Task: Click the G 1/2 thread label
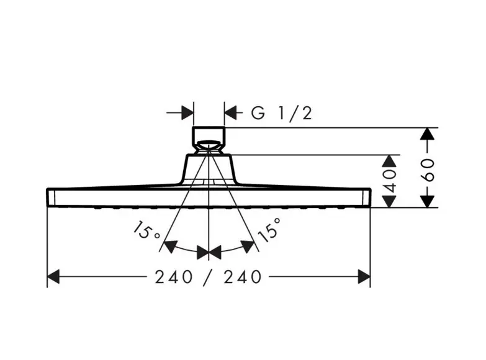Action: [x=281, y=113]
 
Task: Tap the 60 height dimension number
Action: [x=428, y=170]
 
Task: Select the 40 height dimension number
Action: [x=390, y=181]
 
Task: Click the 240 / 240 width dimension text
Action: [x=209, y=277]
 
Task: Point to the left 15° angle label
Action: [x=146, y=231]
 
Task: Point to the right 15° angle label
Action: [x=269, y=230]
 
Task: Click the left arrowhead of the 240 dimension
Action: [x=53, y=277]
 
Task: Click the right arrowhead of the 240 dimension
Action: [x=364, y=277]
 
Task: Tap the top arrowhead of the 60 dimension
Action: [x=428, y=133]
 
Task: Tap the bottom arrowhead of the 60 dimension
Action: [x=428, y=201]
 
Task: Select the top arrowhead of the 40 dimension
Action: [x=389, y=161]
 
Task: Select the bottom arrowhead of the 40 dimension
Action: [x=389, y=201]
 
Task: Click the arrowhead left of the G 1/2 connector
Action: [x=187, y=112]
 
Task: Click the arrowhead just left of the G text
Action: [x=231, y=112]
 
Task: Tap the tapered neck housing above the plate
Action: [x=209, y=169]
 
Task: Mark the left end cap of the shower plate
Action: [x=51, y=197]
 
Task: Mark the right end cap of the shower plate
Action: [x=367, y=197]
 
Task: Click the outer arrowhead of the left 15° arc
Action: [x=171, y=246]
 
